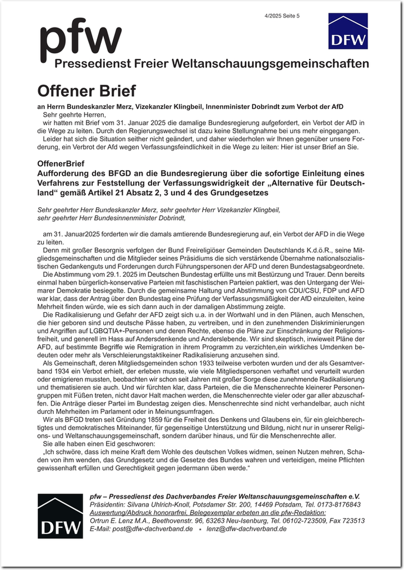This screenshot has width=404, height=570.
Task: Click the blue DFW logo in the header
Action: (348, 31)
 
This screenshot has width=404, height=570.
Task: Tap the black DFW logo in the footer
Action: (59, 516)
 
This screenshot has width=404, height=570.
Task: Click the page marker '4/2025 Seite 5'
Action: (282, 16)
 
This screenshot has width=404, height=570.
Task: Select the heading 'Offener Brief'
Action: (86, 90)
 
